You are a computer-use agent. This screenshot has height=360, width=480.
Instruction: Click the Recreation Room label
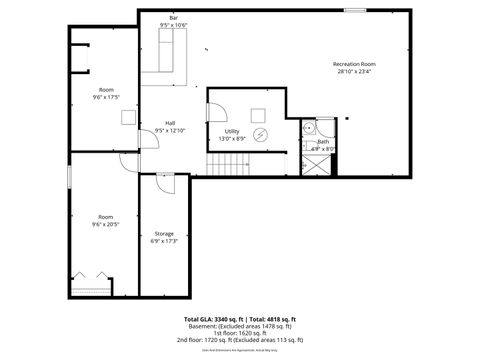pyautogui.click(x=355, y=64)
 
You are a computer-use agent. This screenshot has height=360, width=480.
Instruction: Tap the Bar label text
pyautogui.click(x=173, y=18)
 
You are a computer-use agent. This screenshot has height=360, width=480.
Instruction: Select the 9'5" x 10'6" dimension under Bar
pyautogui.click(x=173, y=25)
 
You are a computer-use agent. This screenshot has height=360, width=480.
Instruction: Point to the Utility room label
pyautogui.click(x=231, y=131)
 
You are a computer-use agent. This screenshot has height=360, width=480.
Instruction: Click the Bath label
pyautogui.click(x=323, y=142)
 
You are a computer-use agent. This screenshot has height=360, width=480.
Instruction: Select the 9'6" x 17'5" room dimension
pyautogui.click(x=106, y=97)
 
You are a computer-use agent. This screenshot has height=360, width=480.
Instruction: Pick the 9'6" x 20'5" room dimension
pyautogui.click(x=106, y=224)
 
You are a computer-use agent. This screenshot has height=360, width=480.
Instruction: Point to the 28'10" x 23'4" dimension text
pyautogui.click(x=355, y=72)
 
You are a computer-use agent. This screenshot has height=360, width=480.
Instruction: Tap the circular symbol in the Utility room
pyautogui.click(x=262, y=133)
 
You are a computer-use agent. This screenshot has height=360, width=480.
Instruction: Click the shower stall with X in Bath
pyautogui.click(x=313, y=165)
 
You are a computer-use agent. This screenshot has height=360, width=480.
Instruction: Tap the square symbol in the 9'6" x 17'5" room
pyautogui.click(x=128, y=116)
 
